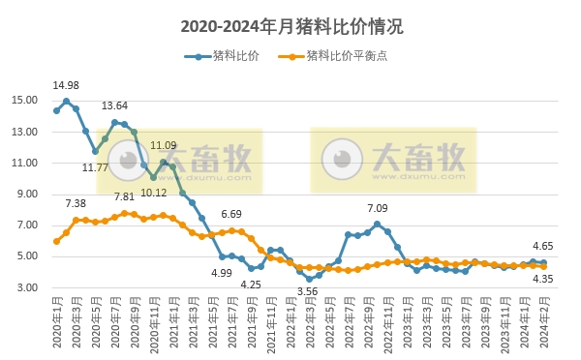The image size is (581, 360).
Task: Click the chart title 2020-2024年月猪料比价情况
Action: (x=291, y=27)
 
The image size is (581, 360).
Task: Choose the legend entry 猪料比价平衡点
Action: (x=340, y=57)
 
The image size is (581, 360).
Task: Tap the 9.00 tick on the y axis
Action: (x=27, y=194)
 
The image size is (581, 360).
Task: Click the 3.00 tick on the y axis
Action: (x=27, y=287)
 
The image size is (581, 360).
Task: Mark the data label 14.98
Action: (x=66, y=85)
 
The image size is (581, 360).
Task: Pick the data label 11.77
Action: (x=94, y=167)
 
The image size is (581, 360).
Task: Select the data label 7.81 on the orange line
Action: (x=124, y=196)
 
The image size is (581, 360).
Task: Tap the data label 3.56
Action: (x=309, y=291)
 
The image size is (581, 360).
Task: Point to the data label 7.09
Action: (x=378, y=208)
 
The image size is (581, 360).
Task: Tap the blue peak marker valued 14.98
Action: (x=66, y=101)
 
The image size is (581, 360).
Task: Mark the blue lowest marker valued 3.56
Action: (x=309, y=279)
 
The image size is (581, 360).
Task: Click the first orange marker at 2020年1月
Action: (x=56, y=241)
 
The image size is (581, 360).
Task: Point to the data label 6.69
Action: (x=231, y=214)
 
